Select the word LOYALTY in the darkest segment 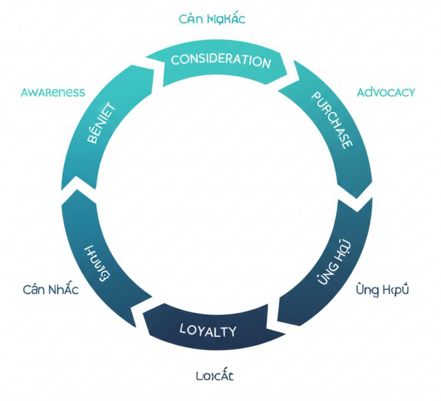click(208, 330)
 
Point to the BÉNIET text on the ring click(100, 123)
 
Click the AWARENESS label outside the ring click(53, 92)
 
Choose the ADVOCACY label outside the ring click(386, 92)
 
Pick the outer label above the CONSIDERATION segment click(212, 19)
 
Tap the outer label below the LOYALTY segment click(215, 376)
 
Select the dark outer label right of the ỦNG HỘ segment click(382, 289)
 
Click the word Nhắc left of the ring click(62, 289)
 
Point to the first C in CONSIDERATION click(175, 59)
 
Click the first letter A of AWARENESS click(25, 92)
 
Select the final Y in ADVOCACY click(411, 92)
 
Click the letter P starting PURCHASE click(316, 96)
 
